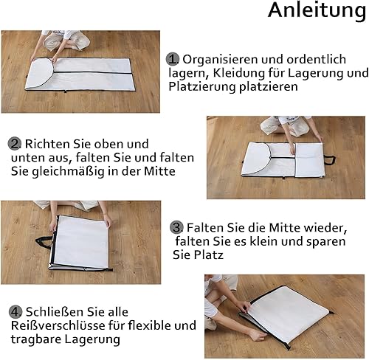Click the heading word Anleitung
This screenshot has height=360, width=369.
pyautogui.click(x=317, y=11)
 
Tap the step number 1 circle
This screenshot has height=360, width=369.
pyautogui.click(x=172, y=59)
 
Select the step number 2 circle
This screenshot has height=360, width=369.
pyautogui.click(x=14, y=144)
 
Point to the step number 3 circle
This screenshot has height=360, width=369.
pyautogui.click(x=176, y=227)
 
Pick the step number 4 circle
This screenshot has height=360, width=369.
pyautogui.click(x=15, y=312)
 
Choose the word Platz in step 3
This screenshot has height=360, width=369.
pyautogui.click(x=208, y=255)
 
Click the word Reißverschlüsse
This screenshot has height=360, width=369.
pyautogui.click(x=58, y=325)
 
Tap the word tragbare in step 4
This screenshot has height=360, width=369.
pyautogui.click(x=36, y=339)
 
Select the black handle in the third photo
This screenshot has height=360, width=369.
pyautogui.click(x=44, y=241)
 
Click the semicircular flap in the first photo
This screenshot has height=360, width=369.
pyautogui.click(x=39, y=73)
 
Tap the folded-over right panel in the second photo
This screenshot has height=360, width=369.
pyautogui.click(x=309, y=160)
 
